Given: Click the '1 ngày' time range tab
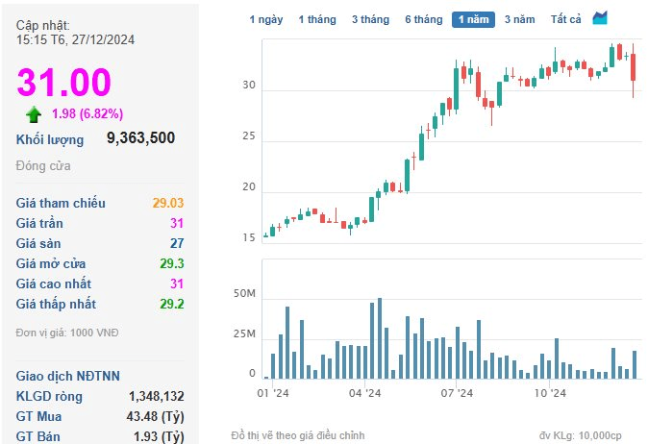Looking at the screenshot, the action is tap(266, 19).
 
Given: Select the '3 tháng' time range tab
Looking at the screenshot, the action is tap(371, 19).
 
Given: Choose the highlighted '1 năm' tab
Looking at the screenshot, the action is tap(473, 19).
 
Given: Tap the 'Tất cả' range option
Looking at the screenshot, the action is tap(565, 19).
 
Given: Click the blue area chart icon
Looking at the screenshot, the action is tap(600, 17).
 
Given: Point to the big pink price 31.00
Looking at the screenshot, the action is tap(64, 82).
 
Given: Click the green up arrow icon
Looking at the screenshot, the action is tap(34, 114).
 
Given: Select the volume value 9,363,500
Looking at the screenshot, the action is tap(141, 138).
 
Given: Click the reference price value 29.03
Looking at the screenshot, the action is tap(168, 203).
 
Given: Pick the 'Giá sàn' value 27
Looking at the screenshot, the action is tap(177, 243).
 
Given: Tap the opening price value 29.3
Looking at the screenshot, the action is tap(172, 263).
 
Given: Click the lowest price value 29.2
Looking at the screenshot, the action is tap(172, 304).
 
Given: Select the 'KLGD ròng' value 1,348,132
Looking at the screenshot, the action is tap(156, 396).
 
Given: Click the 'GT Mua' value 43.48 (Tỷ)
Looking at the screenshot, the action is tap(155, 416).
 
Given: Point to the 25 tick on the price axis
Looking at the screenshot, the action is tap(249, 136).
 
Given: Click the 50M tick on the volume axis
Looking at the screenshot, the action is tap(244, 294).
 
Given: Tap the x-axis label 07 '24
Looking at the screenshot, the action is tap(457, 393).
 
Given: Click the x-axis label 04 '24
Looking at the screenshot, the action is tap(365, 393).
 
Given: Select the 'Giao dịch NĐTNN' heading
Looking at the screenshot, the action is tap(67, 376).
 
